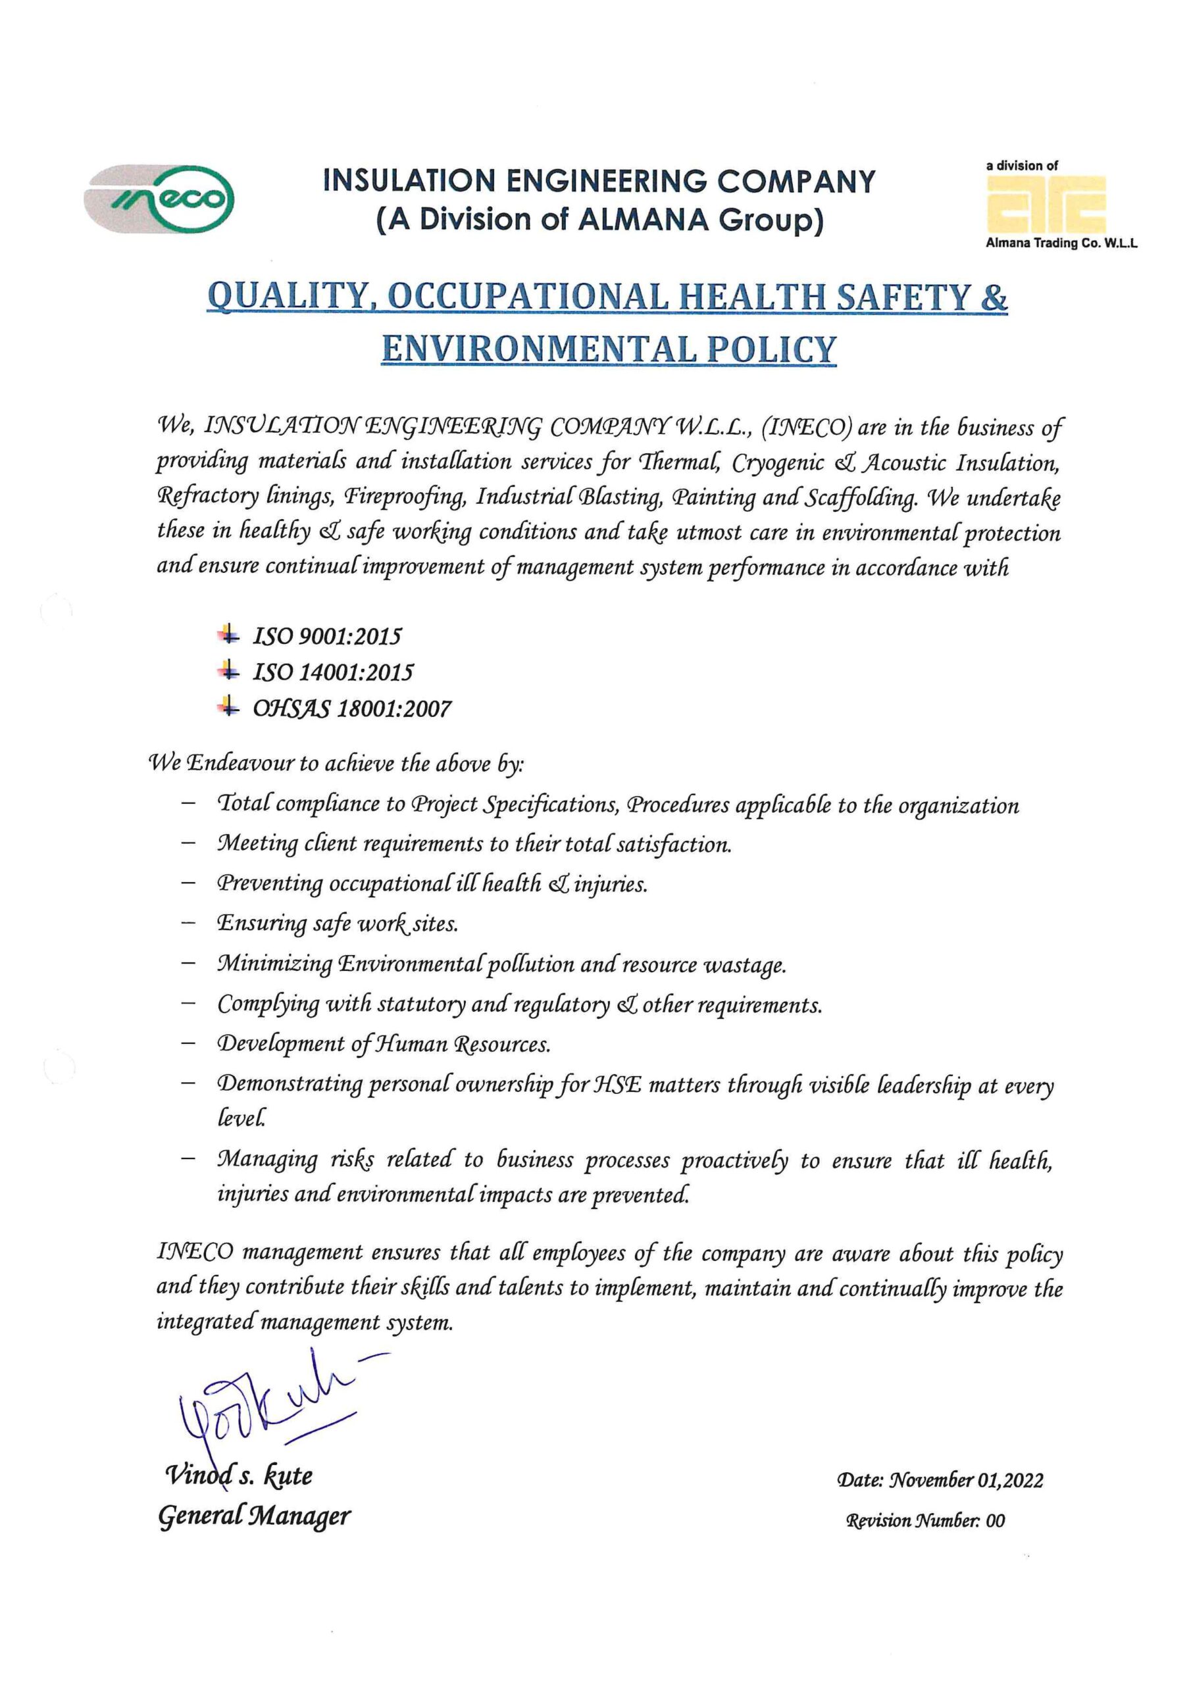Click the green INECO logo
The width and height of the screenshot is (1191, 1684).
click(159, 198)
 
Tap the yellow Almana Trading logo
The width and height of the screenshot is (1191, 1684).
click(1046, 206)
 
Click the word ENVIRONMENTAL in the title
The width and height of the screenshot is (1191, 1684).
click(540, 349)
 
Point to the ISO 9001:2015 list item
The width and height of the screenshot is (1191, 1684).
click(327, 636)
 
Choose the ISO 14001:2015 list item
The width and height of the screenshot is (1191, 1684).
click(333, 672)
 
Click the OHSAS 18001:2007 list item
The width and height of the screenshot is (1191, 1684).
click(352, 708)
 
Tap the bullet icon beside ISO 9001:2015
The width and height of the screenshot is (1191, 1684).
click(228, 634)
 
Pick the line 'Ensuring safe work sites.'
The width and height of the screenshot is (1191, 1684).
click(338, 924)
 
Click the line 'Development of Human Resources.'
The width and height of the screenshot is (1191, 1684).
click(384, 1044)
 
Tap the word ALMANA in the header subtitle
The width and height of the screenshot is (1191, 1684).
click(644, 219)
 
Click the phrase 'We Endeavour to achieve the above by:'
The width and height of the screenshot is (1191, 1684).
click(337, 764)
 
